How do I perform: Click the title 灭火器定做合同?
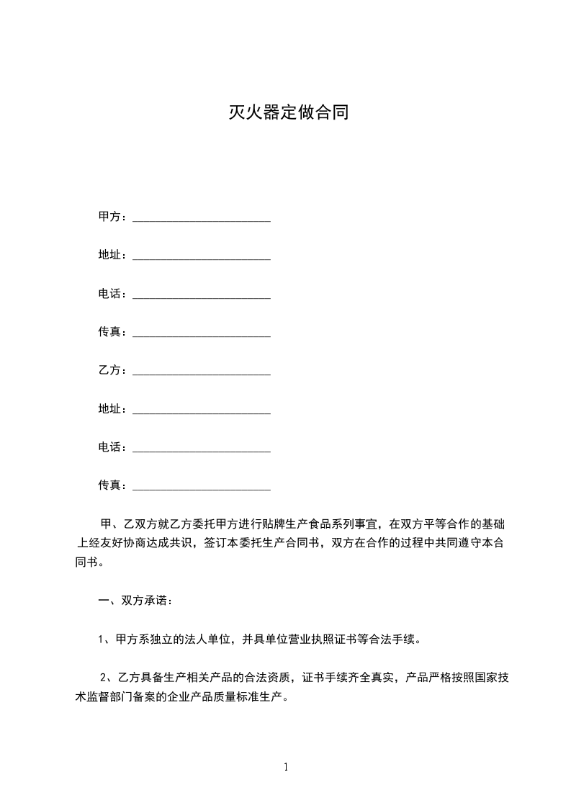[x=289, y=112]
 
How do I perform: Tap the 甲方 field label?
[x=109, y=216]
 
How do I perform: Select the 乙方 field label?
[x=109, y=370]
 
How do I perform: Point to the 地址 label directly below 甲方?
[x=109, y=255]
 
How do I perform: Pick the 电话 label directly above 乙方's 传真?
[x=109, y=447]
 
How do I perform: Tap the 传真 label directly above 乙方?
[x=109, y=332]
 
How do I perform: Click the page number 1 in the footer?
[x=286, y=767]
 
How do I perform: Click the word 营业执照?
[x=313, y=639]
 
